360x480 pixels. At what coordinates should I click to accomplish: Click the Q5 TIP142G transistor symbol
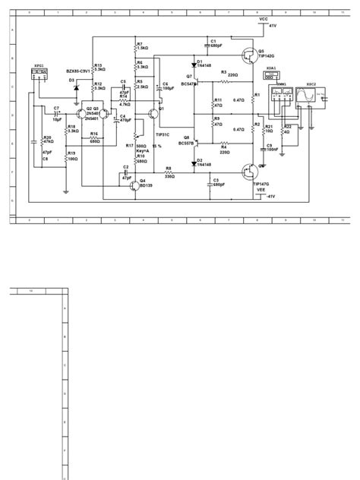click(250, 55)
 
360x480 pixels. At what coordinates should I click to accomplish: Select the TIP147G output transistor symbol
click(250, 171)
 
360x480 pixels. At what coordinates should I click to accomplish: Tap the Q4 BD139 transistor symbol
click(134, 185)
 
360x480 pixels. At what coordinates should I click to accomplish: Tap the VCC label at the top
click(264, 18)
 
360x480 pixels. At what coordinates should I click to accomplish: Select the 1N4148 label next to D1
click(204, 66)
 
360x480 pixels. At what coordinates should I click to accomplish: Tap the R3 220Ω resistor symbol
click(224, 79)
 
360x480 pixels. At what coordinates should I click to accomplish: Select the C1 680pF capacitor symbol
click(206, 44)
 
